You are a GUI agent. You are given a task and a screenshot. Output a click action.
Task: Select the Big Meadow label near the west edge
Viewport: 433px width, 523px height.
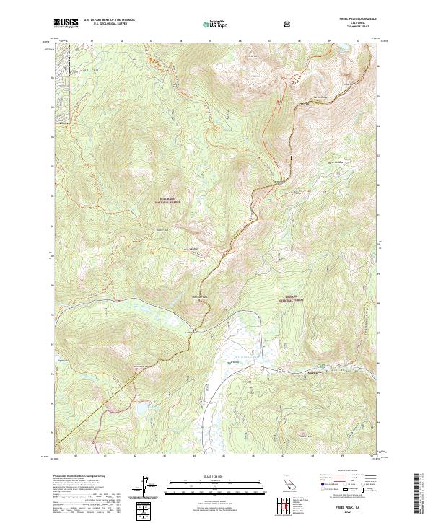click(x=62, y=354)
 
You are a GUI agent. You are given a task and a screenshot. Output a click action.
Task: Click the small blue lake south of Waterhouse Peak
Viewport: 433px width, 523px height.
click(x=141, y=408)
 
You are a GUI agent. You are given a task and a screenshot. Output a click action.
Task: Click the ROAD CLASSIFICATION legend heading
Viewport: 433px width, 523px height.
click(x=340, y=475)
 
